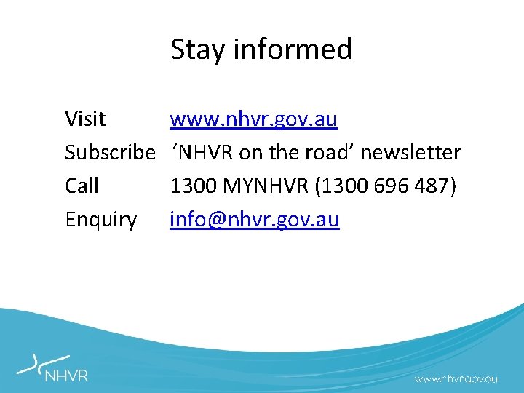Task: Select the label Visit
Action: coord(85,119)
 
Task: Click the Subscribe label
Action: coord(110,152)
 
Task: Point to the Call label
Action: coord(82,186)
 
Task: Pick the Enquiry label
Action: coord(101,219)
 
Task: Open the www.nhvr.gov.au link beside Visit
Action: coord(253,119)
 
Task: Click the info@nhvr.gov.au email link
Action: coord(255,219)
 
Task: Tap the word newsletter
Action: coord(410,152)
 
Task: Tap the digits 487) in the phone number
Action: coord(435,186)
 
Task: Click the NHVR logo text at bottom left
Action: coord(66,376)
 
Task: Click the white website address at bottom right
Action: coord(456,379)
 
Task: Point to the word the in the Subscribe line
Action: coord(282,152)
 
